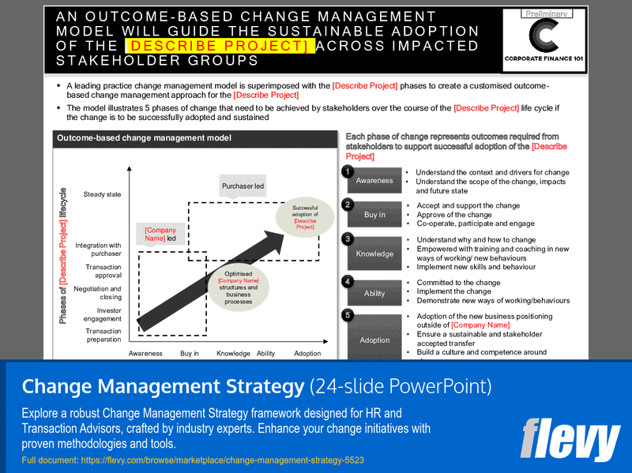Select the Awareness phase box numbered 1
point(374,180)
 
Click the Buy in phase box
point(374,215)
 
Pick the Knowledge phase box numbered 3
point(374,253)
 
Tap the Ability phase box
point(374,293)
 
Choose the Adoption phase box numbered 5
point(374,340)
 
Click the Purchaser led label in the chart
point(243,186)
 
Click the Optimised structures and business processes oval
point(238,287)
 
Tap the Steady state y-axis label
point(103,194)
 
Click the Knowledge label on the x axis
point(233,354)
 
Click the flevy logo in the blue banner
point(570,439)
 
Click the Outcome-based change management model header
point(143,138)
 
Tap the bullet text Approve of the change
point(453,215)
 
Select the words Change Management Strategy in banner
point(162,387)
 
